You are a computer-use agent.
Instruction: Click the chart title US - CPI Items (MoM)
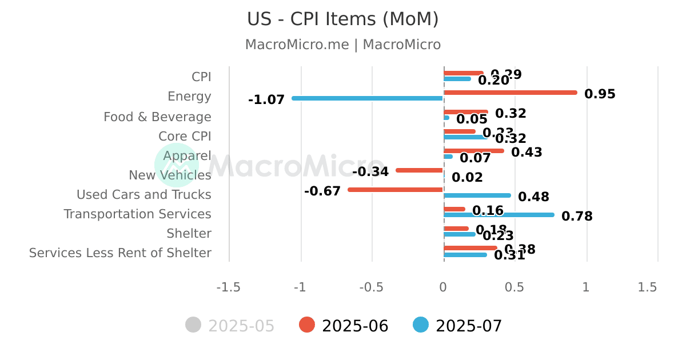point(343,19)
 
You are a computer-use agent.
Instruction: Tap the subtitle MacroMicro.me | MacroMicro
point(343,45)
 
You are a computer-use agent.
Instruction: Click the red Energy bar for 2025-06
point(510,93)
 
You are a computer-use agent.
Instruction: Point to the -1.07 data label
point(266,100)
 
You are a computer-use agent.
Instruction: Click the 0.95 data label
point(600,94)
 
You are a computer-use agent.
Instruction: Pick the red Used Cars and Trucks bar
point(396,189)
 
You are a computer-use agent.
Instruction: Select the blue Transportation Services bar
point(499,215)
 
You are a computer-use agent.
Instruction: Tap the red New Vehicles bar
point(420,170)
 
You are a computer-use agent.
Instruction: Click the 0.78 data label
point(577,217)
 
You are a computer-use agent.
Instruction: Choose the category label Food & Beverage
point(157,117)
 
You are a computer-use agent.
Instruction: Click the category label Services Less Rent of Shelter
point(120,253)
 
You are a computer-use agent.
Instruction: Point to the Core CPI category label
point(185,137)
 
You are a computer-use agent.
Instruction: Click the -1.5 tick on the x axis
point(228,287)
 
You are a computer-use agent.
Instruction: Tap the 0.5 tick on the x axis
point(514,287)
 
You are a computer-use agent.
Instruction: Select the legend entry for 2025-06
point(344,326)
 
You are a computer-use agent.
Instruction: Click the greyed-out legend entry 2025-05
point(230,326)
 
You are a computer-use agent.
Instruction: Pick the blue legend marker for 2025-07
point(421,325)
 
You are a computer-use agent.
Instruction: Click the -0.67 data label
point(322,191)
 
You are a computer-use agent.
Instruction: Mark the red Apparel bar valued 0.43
point(474,151)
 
